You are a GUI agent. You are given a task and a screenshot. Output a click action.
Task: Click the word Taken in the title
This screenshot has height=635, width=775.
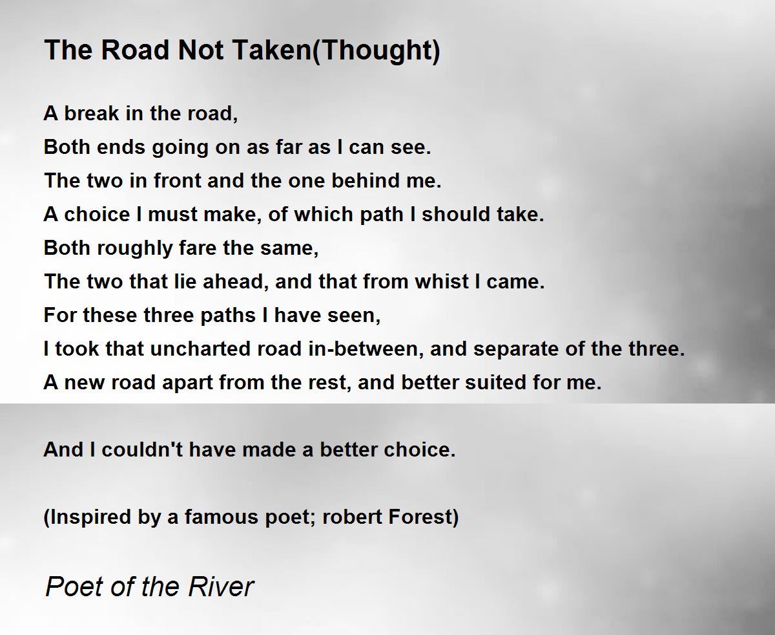[271, 50]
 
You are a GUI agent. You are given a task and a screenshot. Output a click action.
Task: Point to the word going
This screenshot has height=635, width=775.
[180, 148]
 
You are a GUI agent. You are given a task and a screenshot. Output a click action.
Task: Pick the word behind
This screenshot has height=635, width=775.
[366, 180]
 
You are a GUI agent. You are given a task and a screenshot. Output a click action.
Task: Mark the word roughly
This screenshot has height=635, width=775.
[135, 249]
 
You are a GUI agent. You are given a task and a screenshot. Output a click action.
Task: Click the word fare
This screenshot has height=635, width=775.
[198, 248]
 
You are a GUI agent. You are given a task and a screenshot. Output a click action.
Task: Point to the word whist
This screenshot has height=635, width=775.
[442, 281]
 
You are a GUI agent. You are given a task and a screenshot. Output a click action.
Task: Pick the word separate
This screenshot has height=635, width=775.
[516, 350]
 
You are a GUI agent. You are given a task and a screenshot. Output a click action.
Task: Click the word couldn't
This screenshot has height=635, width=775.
[142, 449]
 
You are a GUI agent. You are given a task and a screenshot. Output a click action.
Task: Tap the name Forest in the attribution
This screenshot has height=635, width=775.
[420, 517]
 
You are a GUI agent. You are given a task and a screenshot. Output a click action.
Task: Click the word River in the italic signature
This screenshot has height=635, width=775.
[221, 587]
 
